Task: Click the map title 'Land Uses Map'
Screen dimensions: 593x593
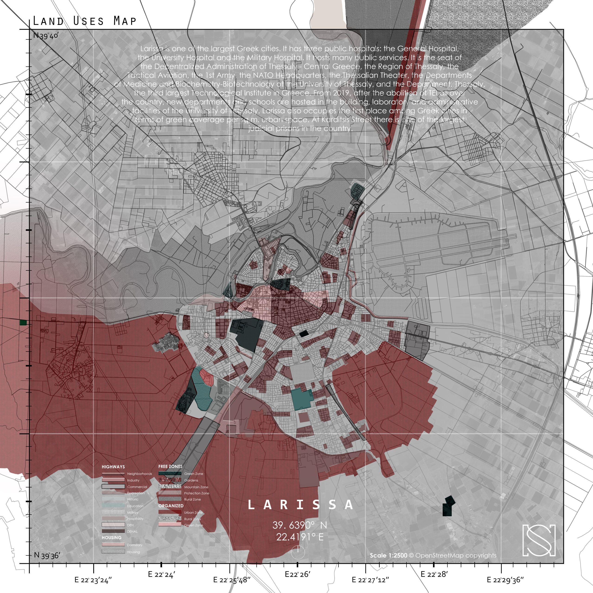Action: coord(84,21)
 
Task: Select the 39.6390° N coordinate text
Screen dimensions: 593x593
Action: coord(300,525)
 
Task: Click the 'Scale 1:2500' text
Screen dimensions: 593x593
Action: coord(388,555)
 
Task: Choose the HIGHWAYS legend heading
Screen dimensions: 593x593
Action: coord(113,467)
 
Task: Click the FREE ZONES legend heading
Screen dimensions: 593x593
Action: coord(170,466)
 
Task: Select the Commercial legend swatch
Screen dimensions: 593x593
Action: coord(113,486)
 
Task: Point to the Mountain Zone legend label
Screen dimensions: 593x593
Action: coord(196,487)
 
